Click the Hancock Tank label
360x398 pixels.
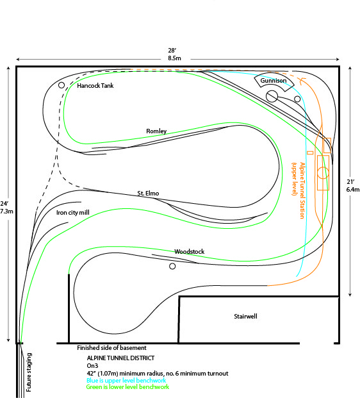click(95, 85)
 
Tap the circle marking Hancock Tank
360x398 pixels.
click(61, 85)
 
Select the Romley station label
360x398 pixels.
click(156, 131)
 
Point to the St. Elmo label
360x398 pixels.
click(148, 193)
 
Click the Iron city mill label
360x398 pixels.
click(73, 212)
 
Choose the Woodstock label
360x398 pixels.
click(189, 251)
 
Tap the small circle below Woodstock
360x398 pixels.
click(172, 266)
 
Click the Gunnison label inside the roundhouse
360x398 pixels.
click(274, 81)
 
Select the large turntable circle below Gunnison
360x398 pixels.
click(272, 96)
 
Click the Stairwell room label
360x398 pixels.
click(245, 316)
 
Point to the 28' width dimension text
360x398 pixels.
click(174, 54)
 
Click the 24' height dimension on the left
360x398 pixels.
click(6, 208)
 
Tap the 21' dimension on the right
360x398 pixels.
click(353, 186)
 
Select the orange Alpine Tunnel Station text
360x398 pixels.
click(299, 190)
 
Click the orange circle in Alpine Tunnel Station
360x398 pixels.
click(323, 173)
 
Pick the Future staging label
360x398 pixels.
click(29, 372)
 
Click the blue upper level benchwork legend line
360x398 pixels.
click(126, 381)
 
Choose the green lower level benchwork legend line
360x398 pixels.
click(127, 387)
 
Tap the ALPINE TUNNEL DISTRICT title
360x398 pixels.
click(120, 358)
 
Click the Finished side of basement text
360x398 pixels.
click(111, 348)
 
